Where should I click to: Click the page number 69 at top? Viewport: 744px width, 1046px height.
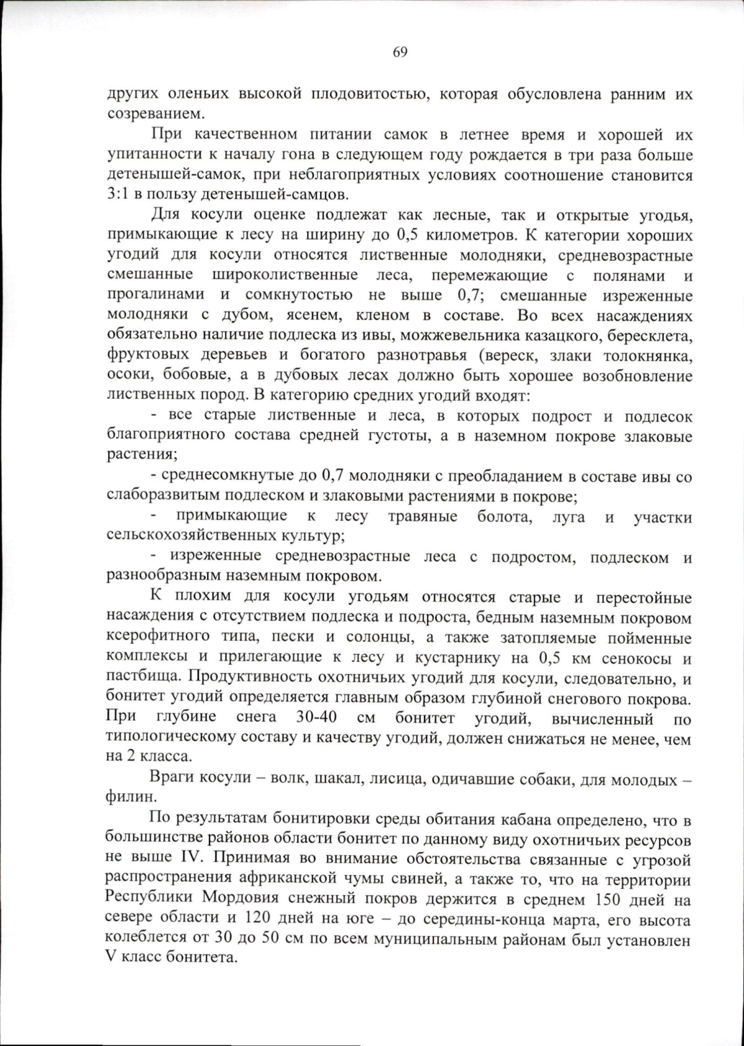[400, 52]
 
